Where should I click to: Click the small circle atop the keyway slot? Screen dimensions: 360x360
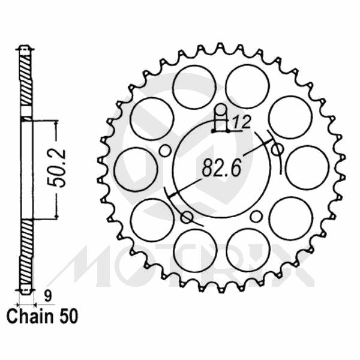(x=221, y=109)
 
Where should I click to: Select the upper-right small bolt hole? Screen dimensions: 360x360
(x=277, y=149)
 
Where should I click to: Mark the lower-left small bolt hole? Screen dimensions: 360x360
(x=186, y=216)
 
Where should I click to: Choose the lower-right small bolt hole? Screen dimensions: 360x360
(x=256, y=216)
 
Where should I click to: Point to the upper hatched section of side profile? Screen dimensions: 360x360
(x=25, y=81)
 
